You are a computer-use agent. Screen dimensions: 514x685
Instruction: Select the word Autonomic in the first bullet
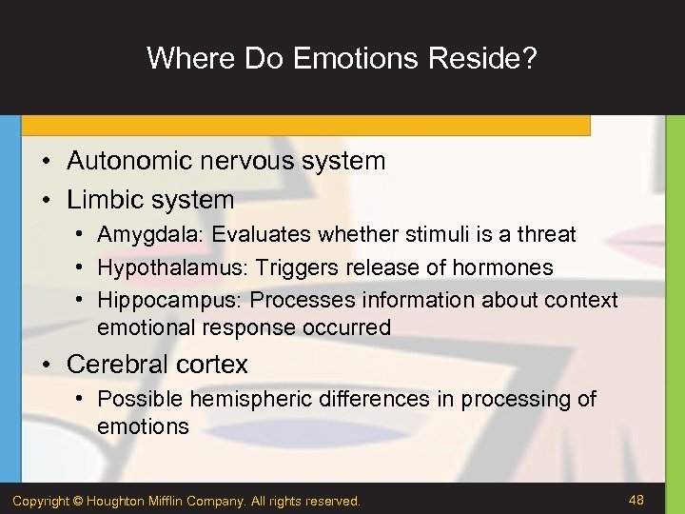pos(118,161)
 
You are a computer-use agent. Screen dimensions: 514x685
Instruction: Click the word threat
pos(546,234)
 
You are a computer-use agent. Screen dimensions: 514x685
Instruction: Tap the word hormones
pos(505,267)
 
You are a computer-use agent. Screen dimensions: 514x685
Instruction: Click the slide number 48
pos(637,499)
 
